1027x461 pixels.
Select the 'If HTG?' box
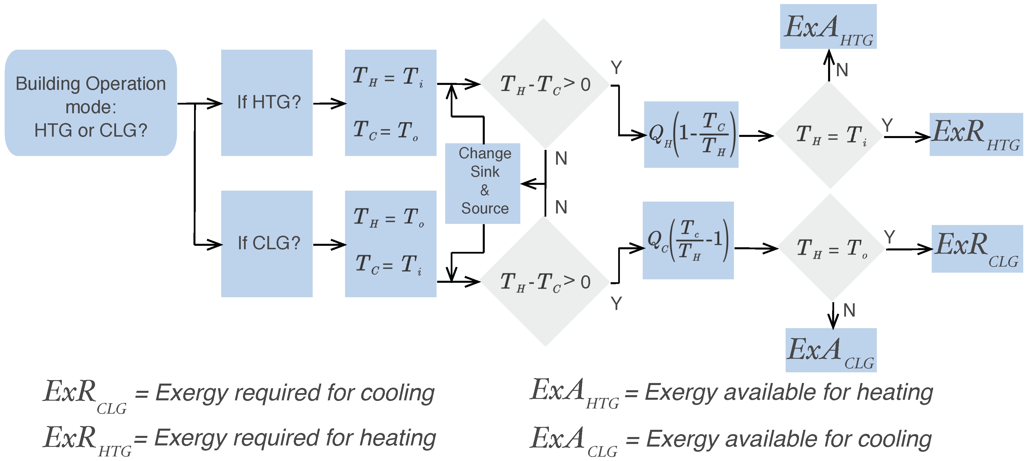pos(267,103)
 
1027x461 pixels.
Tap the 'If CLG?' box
pos(267,244)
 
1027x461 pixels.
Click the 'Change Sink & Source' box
pos(482,183)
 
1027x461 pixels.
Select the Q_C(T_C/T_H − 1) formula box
pos(688,240)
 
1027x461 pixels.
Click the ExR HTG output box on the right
pos(976,134)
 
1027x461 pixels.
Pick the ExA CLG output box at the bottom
pos(831,350)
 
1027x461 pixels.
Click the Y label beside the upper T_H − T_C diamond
pos(616,68)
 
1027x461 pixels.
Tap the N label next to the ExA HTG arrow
pos(842,70)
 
